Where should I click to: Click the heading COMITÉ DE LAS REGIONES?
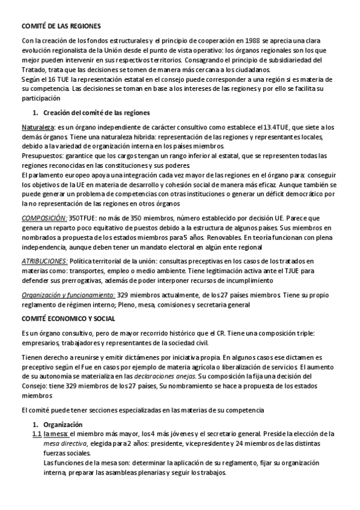point(57,26)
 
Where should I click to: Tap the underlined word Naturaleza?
point(37,127)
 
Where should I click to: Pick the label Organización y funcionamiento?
point(68,295)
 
